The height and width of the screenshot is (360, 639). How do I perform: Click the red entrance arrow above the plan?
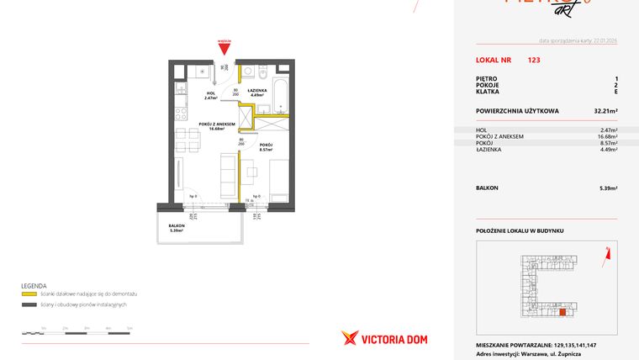(x=224, y=49)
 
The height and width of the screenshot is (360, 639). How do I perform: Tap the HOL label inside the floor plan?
(x=210, y=94)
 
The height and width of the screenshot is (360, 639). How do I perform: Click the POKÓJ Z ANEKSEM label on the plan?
(x=216, y=125)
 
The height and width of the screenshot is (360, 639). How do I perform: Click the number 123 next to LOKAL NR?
(x=534, y=61)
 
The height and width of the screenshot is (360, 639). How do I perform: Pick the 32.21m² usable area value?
(x=606, y=110)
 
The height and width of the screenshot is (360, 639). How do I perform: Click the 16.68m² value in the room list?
(x=606, y=136)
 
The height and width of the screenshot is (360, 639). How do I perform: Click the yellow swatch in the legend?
(x=29, y=294)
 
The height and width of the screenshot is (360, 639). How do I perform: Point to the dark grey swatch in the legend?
(x=29, y=304)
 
